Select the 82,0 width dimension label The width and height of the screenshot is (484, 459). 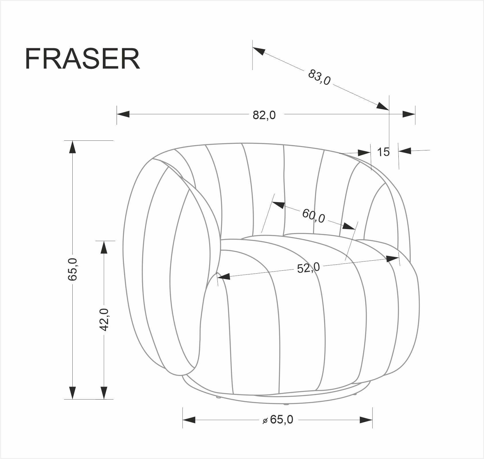264,115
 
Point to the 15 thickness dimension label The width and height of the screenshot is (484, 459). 383,152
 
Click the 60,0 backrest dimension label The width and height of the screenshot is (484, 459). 313,216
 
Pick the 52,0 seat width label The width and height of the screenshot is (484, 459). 308,268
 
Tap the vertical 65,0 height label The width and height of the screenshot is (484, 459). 72,269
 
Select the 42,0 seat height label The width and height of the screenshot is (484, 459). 104,319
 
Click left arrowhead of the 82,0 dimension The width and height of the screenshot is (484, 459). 123,114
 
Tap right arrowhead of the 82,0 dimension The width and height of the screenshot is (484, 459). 409,114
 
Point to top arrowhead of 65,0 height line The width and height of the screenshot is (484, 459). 72,147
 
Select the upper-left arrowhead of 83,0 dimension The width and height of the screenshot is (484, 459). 259,51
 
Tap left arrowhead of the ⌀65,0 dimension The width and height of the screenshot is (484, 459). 189,420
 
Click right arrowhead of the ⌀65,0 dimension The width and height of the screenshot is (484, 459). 366,420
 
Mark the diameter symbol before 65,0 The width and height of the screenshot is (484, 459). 265,421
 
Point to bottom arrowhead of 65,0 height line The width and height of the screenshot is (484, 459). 72,392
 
